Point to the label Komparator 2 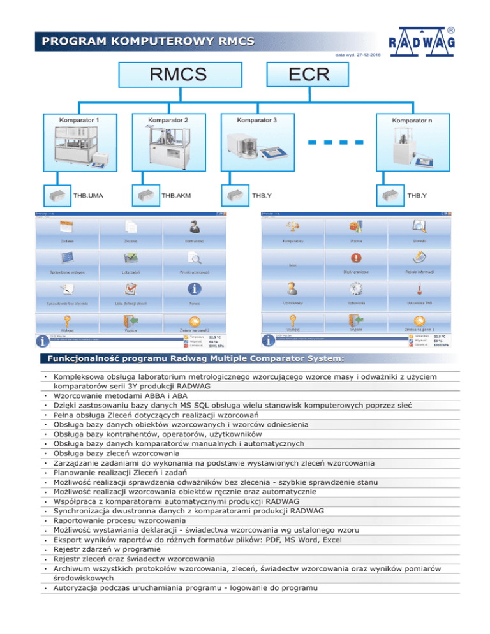pyautogui.click(x=168, y=119)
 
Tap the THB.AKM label pyautogui.click(x=176, y=195)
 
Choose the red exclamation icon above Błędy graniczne pyautogui.click(x=356, y=258)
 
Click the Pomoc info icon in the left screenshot pyautogui.click(x=195, y=288)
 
